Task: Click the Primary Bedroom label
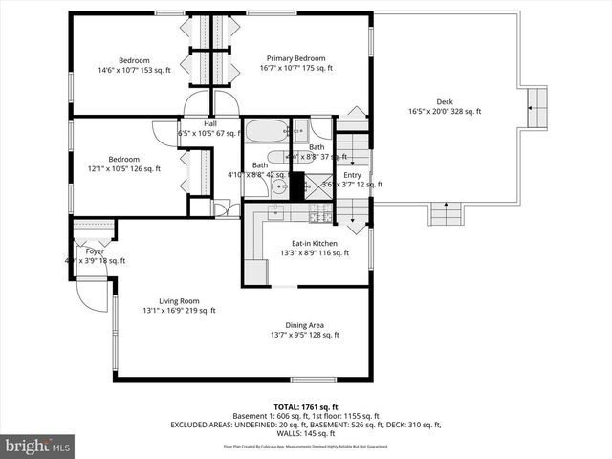coord(296,58)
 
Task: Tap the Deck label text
coord(445,102)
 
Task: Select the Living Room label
coord(179,300)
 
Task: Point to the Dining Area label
coord(304,325)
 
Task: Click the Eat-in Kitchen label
coord(302,243)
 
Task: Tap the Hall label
coord(210,123)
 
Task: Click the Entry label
coord(353,175)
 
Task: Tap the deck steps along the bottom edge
coord(446,214)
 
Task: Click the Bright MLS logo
coord(37,447)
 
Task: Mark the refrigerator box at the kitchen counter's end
coord(255,273)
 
